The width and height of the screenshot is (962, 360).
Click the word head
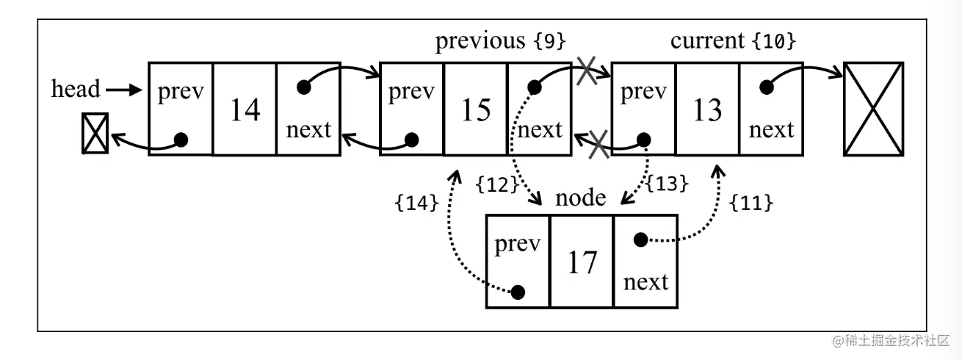point(75,90)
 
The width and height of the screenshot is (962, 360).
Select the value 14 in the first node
point(245,109)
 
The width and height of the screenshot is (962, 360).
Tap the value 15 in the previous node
point(476,109)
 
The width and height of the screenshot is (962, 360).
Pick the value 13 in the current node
point(707,109)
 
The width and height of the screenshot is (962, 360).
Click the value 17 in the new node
point(582,262)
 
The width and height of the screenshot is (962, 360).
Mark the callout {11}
point(751,204)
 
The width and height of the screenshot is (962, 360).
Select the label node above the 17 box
point(580,198)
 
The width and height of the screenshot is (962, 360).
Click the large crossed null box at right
point(873,109)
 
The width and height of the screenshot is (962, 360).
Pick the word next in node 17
point(645,281)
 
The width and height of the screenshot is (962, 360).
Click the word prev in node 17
point(518,244)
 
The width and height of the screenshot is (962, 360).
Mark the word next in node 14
point(308,130)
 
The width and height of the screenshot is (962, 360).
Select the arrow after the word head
point(123,90)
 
